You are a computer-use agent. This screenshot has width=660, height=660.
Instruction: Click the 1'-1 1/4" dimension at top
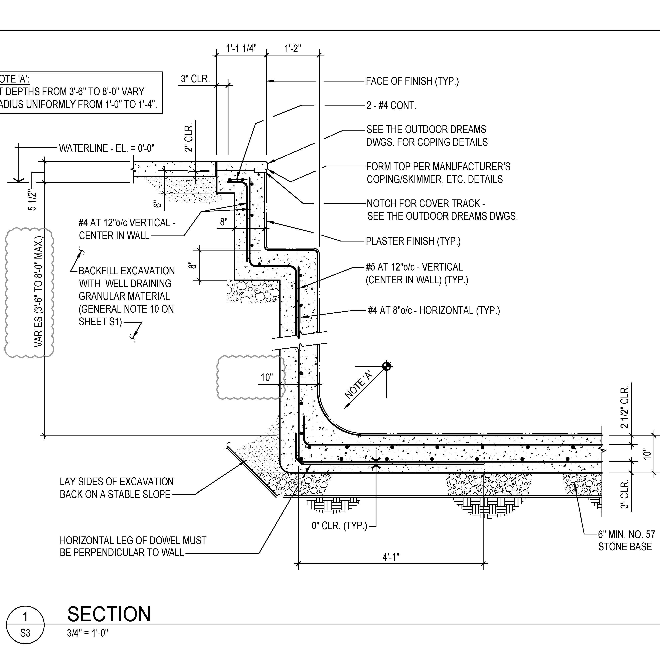pyautogui.click(x=241, y=48)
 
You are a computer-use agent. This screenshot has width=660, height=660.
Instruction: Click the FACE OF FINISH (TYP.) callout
pyautogui.click(x=412, y=81)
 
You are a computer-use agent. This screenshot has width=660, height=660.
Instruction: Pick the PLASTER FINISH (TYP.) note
pyautogui.click(x=413, y=241)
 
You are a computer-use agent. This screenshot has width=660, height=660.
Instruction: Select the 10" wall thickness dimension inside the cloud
pyautogui.click(x=267, y=377)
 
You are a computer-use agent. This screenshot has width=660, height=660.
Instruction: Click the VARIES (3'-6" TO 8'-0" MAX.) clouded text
pyautogui.click(x=39, y=291)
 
